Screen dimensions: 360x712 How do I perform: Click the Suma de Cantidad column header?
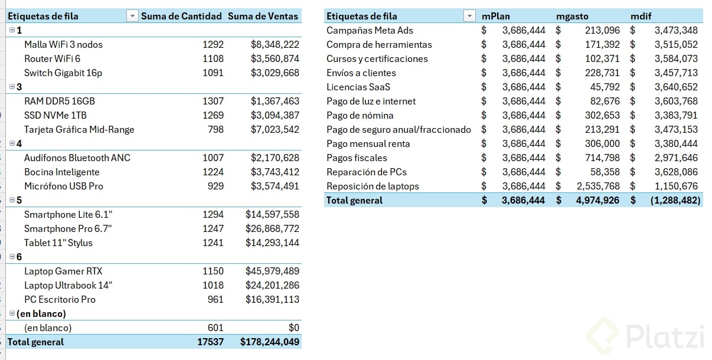(181, 16)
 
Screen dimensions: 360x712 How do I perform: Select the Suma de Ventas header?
(263, 16)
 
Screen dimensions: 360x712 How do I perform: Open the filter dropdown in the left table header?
(132, 16)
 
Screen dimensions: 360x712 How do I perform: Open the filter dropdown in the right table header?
(469, 16)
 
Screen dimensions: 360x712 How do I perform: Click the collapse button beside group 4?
(12, 143)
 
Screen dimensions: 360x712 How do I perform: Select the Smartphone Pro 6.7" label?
(68, 228)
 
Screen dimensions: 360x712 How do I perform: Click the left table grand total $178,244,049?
(270, 342)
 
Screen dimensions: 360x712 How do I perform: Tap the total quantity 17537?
(212, 342)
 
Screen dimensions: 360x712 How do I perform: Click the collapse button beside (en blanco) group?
(12, 313)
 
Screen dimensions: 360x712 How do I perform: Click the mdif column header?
(641, 16)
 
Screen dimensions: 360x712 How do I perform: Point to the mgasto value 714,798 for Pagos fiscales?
(602, 158)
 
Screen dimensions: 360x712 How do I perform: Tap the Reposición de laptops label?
(373, 186)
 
